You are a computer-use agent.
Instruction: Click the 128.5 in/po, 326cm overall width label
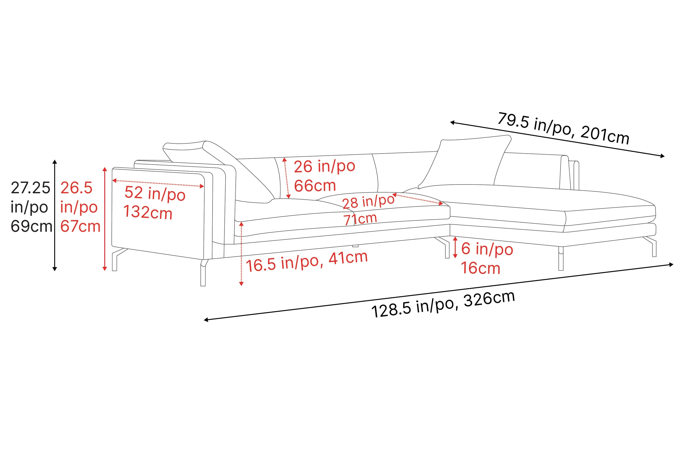click(x=443, y=305)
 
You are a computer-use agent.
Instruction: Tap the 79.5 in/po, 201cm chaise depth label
click(x=563, y=128)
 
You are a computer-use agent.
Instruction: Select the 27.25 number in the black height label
click(x=31, y=188)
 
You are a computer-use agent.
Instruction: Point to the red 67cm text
click(x=80, y=226)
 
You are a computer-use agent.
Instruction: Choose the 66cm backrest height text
click(x=315, y=186)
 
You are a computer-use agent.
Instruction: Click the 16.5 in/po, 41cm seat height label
click(x=306, y=262)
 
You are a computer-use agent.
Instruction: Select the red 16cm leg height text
click(x=480, y=268)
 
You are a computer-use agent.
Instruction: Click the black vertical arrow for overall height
click(x=55, y=215)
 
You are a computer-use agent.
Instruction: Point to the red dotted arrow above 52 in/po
click(x=158, y=183)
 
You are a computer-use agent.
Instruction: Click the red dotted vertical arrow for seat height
click(x=241, y=254)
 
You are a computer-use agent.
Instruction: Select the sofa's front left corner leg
click(x=203, y=273)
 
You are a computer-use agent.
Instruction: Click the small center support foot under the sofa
click(x=355, y=246)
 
